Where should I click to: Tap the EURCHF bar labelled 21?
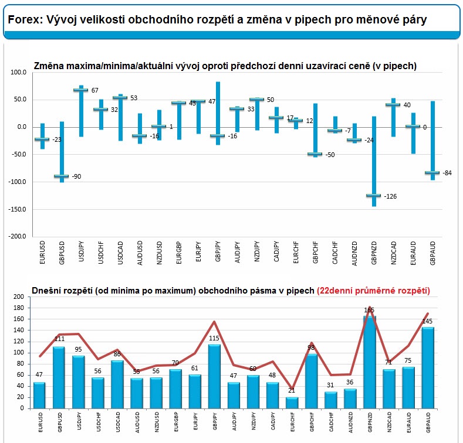[x=292, y=403]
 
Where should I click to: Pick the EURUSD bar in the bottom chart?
[x=39, y=395]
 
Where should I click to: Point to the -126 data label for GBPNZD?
[x=390, y=196]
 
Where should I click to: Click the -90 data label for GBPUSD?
[x=77, y=176]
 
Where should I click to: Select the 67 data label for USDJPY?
[x=94, y=90]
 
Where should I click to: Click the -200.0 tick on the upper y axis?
[x=18, y=236]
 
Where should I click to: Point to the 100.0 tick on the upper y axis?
[x=19, y=72]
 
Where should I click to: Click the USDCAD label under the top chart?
[x=120, y=253]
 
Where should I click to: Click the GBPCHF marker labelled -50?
[x=315, y=154]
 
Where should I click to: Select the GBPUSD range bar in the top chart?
[x=61, y=152]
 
